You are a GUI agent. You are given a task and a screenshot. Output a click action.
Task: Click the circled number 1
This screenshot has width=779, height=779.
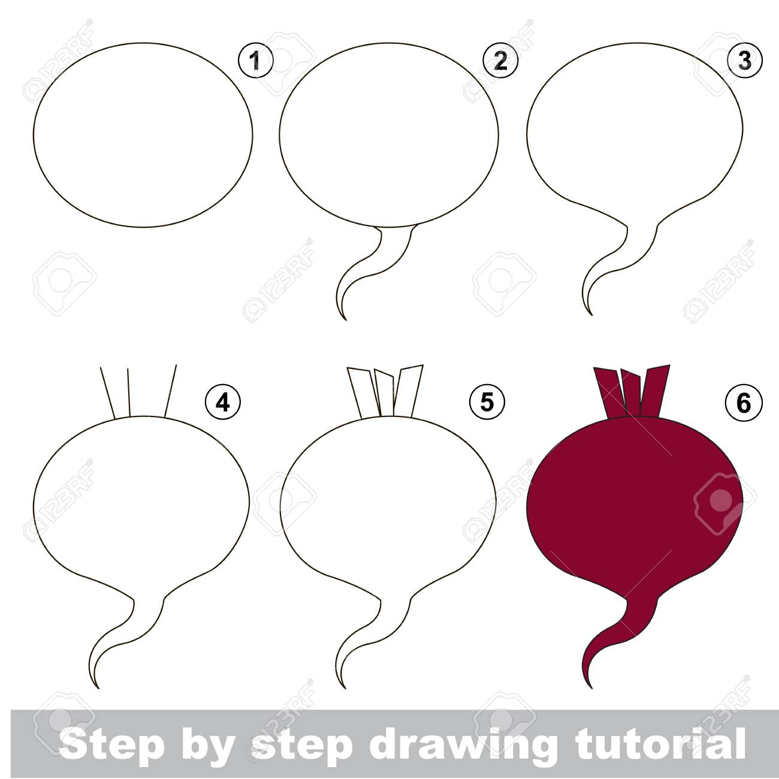tap(255, 61)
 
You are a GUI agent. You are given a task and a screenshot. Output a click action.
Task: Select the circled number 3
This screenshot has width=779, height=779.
tap(745, 61)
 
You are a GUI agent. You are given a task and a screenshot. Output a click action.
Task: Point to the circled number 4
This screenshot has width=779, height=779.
tap(223, 402)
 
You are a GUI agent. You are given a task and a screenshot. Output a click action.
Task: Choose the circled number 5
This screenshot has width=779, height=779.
tap(488, 402)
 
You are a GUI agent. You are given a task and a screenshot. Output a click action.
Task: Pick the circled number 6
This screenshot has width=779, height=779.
tap(745, 403)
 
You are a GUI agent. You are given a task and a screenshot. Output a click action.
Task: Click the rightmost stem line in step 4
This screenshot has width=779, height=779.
tap(171, 391)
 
